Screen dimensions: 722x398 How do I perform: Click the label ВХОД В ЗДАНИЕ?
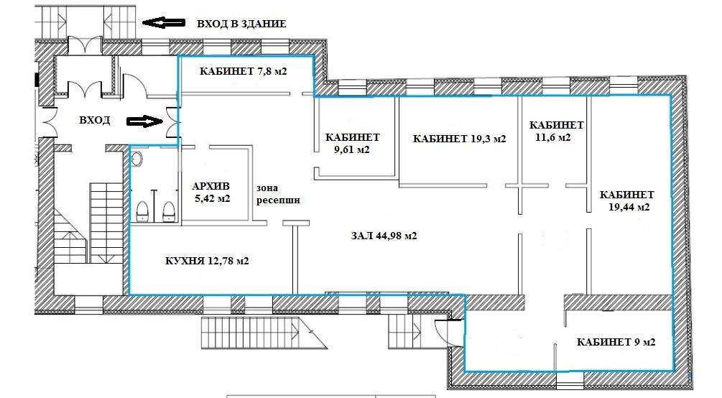point(241,24)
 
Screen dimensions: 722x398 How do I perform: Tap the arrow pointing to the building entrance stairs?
point(164,22)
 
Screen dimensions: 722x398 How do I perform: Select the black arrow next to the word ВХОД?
point(144,121)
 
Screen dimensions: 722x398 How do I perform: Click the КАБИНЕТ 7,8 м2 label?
point(243,71)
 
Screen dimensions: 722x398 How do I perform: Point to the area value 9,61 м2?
point(352,149)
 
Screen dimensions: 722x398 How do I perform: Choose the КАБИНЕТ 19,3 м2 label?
point(459,139)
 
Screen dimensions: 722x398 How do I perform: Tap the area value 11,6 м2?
point(553,137)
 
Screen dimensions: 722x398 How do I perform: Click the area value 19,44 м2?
point(629,207)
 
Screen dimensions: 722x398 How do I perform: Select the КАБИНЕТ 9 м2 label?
point(616,342)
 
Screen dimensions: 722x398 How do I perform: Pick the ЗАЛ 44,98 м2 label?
point(384,236)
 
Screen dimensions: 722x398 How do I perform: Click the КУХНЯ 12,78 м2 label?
point(207,261)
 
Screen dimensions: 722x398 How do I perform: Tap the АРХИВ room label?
point(210,187)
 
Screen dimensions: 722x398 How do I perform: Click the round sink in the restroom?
point(137,159)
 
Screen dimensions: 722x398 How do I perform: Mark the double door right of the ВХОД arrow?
point(172,122)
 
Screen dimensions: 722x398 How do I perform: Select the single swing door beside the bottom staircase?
point(444,333)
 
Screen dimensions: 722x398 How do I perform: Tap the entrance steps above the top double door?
point(86,21)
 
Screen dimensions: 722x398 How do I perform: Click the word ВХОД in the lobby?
point(94,120)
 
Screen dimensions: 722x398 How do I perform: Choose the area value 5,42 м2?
point(212,199)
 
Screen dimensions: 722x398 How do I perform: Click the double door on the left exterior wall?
point(50,122)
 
